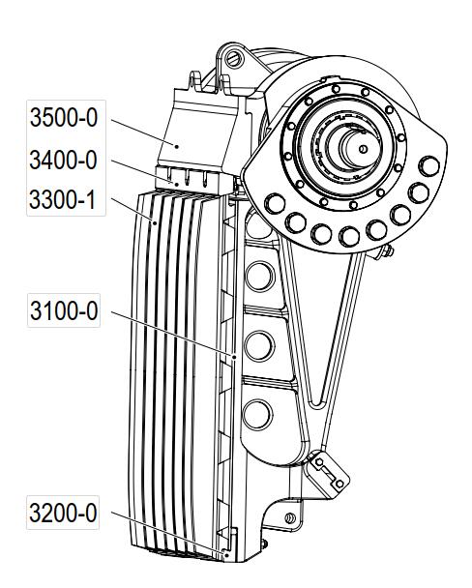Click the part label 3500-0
coord(64,117)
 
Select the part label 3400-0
coord(64,161)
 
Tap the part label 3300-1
coord(64,199)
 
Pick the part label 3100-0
coord(64,310)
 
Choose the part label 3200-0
coord(64,513)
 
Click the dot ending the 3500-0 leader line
coord(177,146)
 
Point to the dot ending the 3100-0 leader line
coord(234,358)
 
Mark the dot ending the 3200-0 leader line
coord(225,554)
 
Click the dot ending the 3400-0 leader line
coord(176,185)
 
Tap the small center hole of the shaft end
coord(363,149)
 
